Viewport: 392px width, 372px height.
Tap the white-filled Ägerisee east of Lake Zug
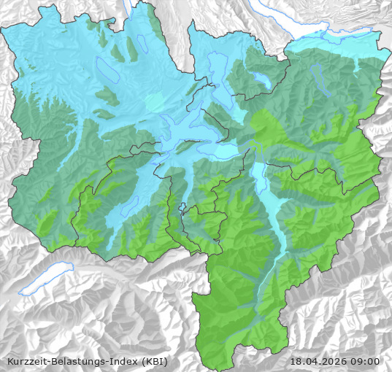click(x=261, y=78)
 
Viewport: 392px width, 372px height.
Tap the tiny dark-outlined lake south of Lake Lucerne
click(x=184, y=207)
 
